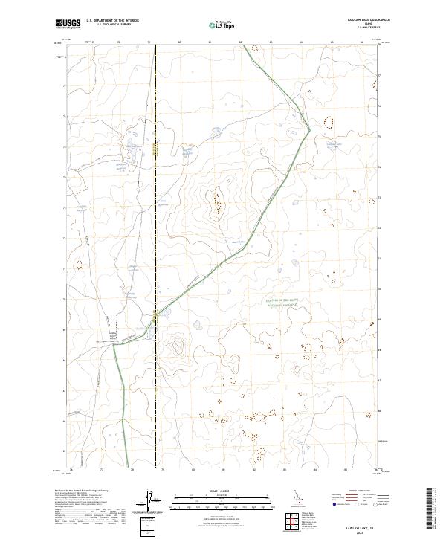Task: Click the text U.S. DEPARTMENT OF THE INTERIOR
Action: click(x=113, y=21)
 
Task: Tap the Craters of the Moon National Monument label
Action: click(x=282, y=302)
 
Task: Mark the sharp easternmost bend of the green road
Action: click(x=309, y=129)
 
